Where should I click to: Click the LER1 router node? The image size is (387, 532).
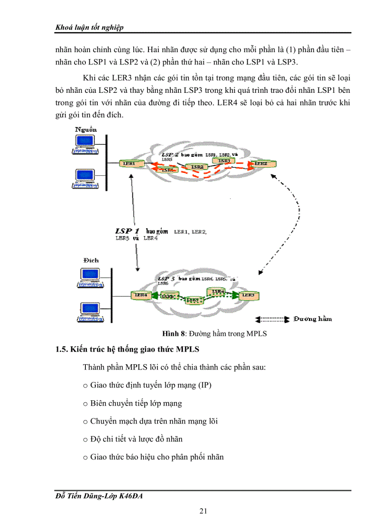(x=129, y=163)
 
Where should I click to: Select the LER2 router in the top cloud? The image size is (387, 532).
(x=260, y=163)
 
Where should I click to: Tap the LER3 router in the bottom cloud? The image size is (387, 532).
(x=248, y=295)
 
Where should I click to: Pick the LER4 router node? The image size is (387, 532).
(x=141, y=295)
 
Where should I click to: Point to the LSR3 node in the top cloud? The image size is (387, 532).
(x=224, y=161)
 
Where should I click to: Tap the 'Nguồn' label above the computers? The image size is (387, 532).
(x=86, y=129)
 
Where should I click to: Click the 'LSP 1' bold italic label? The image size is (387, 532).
(x=127, y=230)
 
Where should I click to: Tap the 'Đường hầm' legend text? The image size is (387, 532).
(x=312, y=319)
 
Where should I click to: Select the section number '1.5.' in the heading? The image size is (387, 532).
(x=62, y=350)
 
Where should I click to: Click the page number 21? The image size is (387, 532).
(x=203, y=511)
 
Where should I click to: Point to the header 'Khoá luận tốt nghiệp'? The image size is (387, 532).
(x=90, y=27)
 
